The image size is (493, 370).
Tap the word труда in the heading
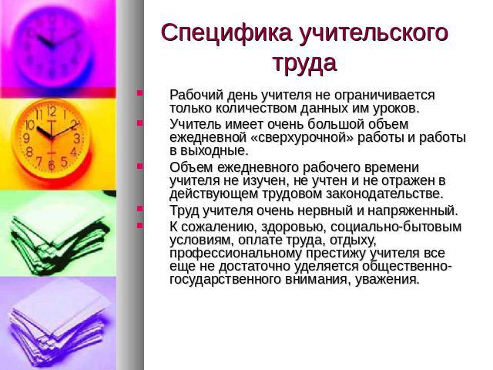tap(304, 63)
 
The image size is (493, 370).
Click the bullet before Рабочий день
tap(140, 92)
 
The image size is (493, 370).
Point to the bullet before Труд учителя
tap(140, 208)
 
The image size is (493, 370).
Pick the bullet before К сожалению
tap(140, 225)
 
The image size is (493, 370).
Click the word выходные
tap(214, 151)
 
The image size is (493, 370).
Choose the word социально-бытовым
tap(396, 227)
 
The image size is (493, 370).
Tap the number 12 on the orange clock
tap(52, 111)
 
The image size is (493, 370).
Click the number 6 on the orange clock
tap(52, 165)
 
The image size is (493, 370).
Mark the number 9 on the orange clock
tap(26, 138)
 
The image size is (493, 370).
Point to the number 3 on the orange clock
tap(77, 139)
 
